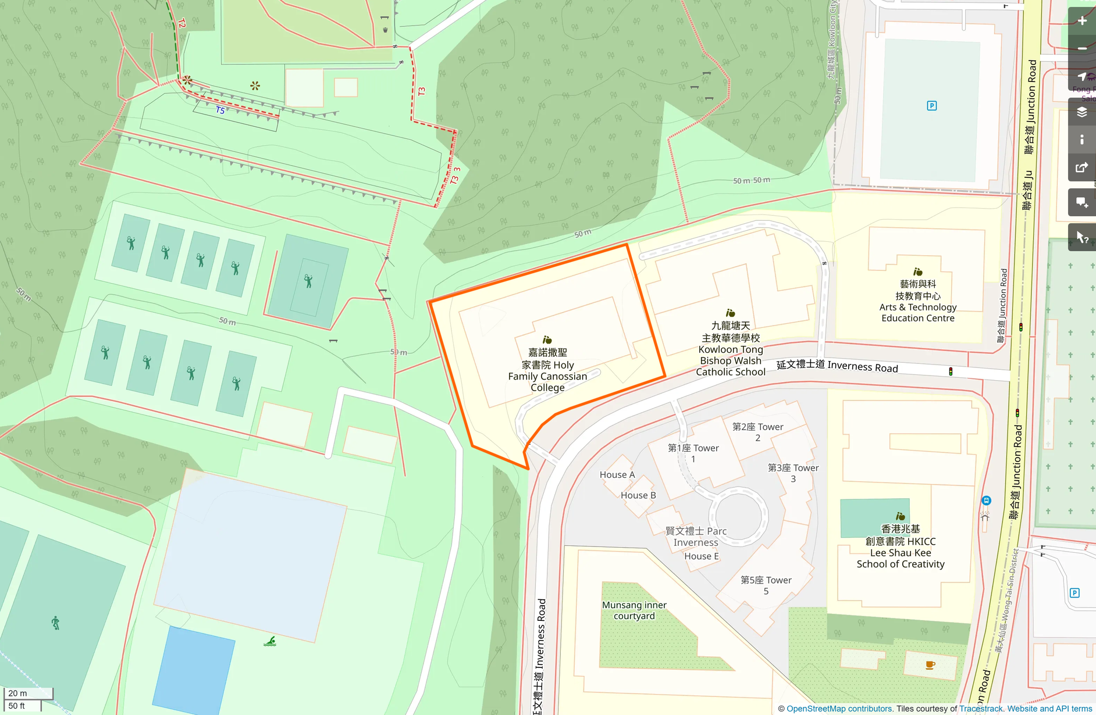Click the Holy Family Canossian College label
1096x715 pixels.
(x=547, y=370)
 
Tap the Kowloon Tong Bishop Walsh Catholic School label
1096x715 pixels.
(x=731, y=349)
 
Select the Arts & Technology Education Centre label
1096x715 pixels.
(x=918, y=301)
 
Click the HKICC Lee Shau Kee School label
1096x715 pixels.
(x=901, y=546)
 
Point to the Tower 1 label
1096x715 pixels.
(x=693, y=453)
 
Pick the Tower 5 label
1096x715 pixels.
(x=766, y=585)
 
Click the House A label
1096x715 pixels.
(x=617, y=475)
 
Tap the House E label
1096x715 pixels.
(x=702, y=556)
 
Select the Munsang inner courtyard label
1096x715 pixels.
(x=634, y=610)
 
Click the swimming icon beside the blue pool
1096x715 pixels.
(x=270, y=641)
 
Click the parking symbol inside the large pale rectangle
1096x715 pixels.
(x=932, y=106)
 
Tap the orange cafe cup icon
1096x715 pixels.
(x=930, y=665)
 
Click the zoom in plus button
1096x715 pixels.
(x=1082, y=21)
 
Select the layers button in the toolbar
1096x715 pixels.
(x=1082, y=112)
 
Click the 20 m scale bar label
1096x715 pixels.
(x=18, y=693)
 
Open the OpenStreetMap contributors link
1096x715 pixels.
(x=839, y=709)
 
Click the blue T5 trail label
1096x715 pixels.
(x=220, y=110)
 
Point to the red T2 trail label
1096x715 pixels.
(x=182, y=23)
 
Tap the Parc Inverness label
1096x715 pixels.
(x=696, y=537)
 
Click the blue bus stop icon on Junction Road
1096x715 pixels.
(x=986, y=500)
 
